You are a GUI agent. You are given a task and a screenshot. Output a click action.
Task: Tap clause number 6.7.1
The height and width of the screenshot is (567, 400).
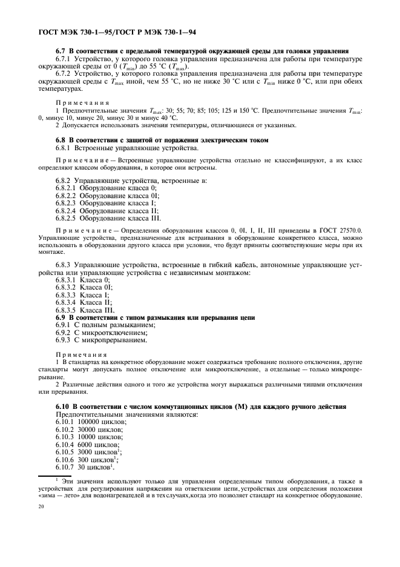pos(64,59)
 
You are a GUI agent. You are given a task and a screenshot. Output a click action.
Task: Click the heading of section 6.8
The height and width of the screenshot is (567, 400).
pos(154,140)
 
